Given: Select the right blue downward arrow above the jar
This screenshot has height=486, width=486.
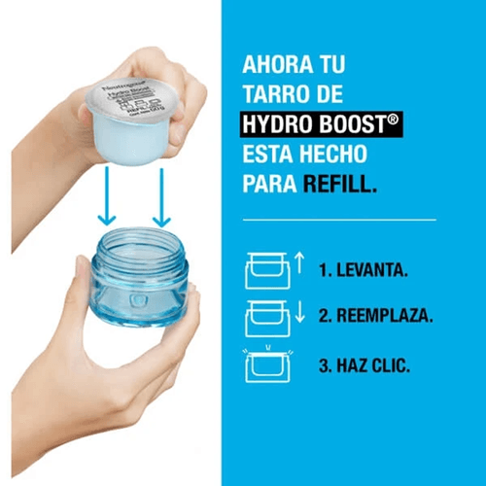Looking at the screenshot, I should tap(159, 194).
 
